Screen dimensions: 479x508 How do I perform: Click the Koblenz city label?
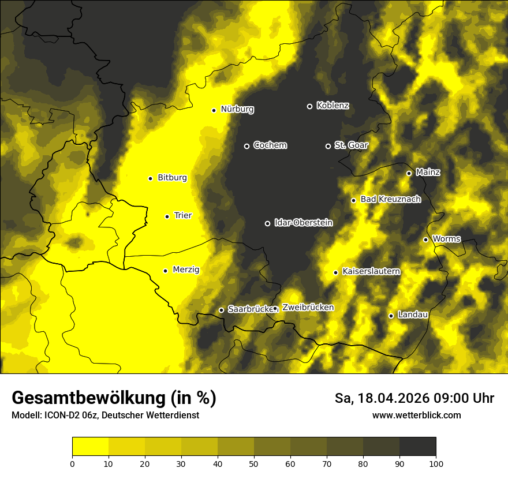click(333, 106)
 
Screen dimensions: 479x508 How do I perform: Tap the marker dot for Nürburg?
click(214, 110)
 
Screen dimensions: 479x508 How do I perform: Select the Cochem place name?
click(270, 145)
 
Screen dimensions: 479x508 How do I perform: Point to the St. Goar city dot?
click(328, 146)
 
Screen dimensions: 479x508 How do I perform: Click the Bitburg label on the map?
click(172, 178)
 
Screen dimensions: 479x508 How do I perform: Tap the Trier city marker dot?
click(167, 216)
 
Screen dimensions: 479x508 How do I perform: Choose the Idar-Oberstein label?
click(303, 223)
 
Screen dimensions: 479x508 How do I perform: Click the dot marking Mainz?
click(409, 173)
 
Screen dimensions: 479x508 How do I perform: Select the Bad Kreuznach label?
click(390, 200)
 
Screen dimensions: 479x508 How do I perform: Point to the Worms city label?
click(446, 239)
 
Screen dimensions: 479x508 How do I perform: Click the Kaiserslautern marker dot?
click(335, 272)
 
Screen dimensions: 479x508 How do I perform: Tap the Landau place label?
click(413, 315)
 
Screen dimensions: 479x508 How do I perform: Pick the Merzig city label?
click(186, 270)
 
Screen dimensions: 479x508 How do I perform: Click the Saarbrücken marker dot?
click(221, 310)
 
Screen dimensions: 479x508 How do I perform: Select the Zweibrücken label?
click(308, 308)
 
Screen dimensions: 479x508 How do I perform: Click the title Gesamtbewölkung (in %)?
click(114, 398)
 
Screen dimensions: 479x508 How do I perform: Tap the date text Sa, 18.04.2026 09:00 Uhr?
click(414, 398)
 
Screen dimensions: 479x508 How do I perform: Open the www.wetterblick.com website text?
click(416, 415)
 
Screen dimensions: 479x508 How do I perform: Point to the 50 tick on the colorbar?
click(254, 463)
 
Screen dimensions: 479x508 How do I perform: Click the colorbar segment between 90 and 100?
click(417, 447)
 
